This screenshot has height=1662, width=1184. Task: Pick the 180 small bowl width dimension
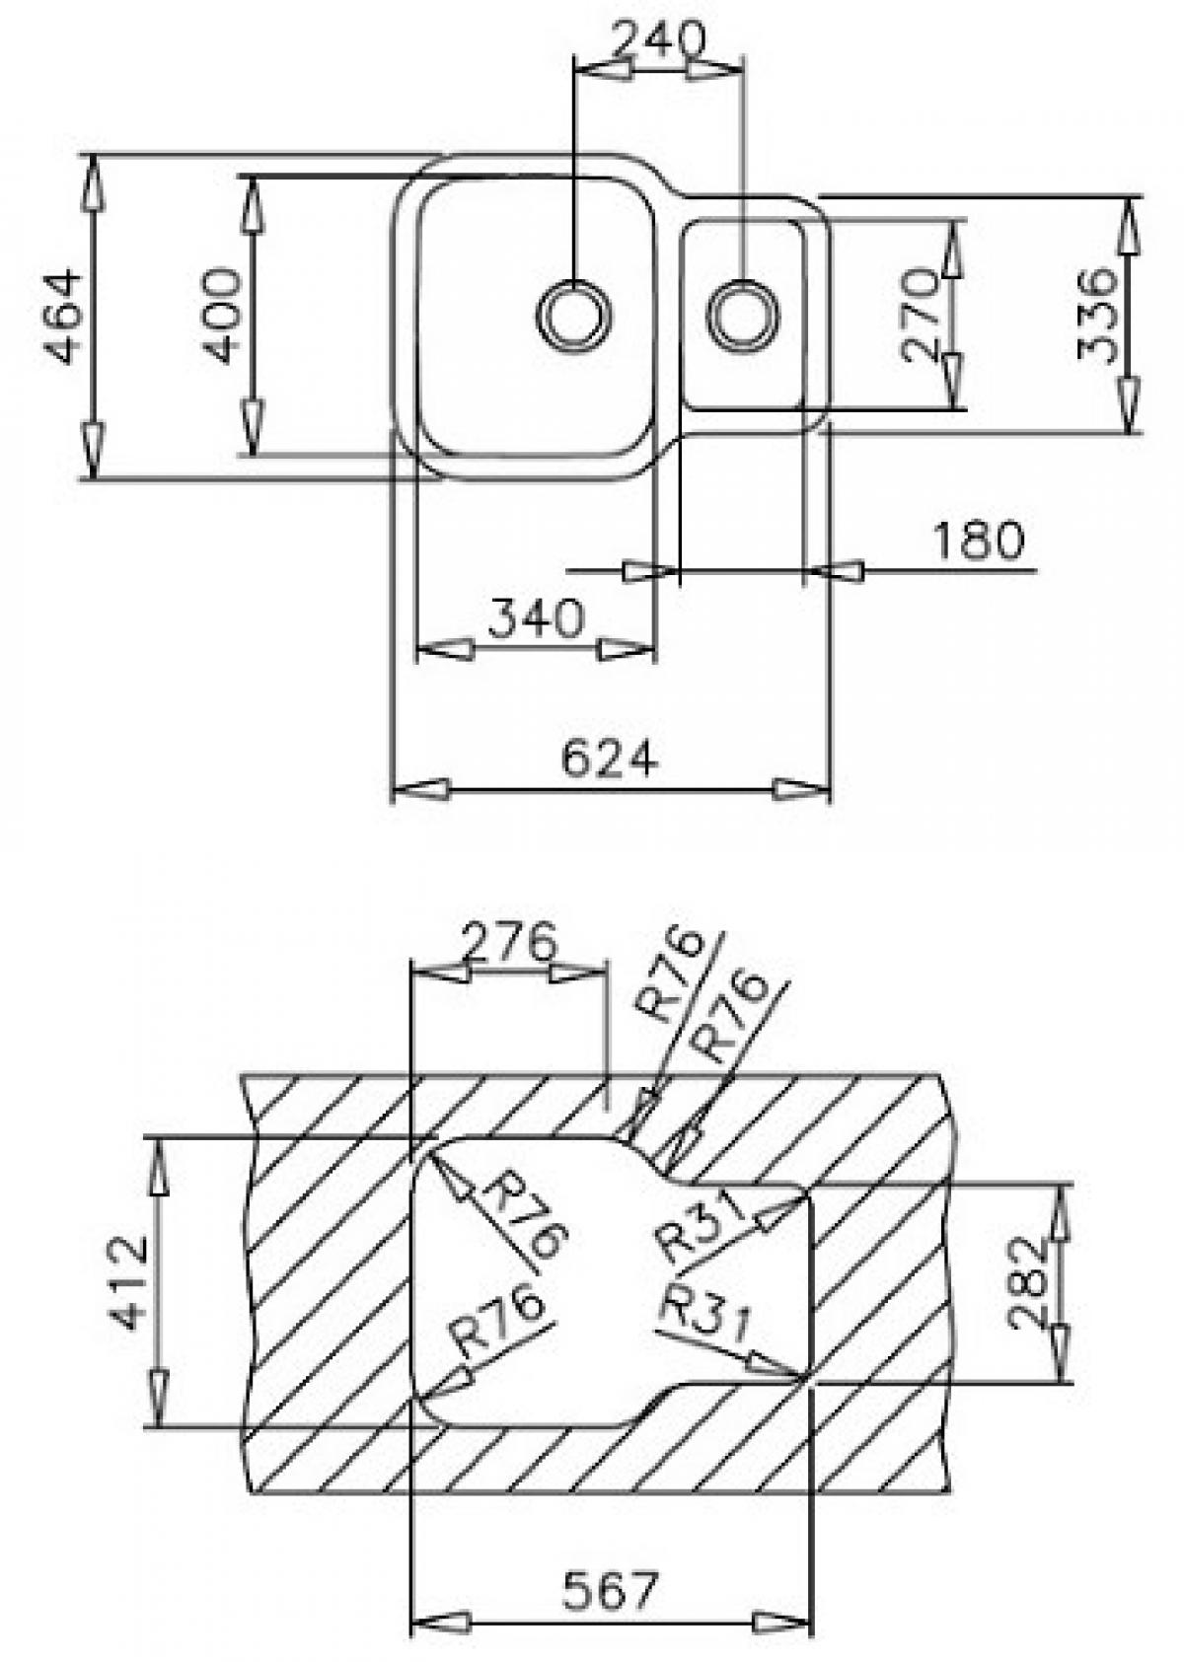978,542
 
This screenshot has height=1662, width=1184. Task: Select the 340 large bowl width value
537,618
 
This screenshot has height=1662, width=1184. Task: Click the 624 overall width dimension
609,759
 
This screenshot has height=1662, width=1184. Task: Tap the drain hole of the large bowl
572,313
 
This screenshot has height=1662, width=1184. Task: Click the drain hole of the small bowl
743,313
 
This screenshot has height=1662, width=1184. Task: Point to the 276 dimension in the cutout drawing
510,943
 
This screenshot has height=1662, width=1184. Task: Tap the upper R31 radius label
696,1227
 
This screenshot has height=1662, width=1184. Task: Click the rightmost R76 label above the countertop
731,1016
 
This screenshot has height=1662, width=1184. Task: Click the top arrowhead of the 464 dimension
92,180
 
